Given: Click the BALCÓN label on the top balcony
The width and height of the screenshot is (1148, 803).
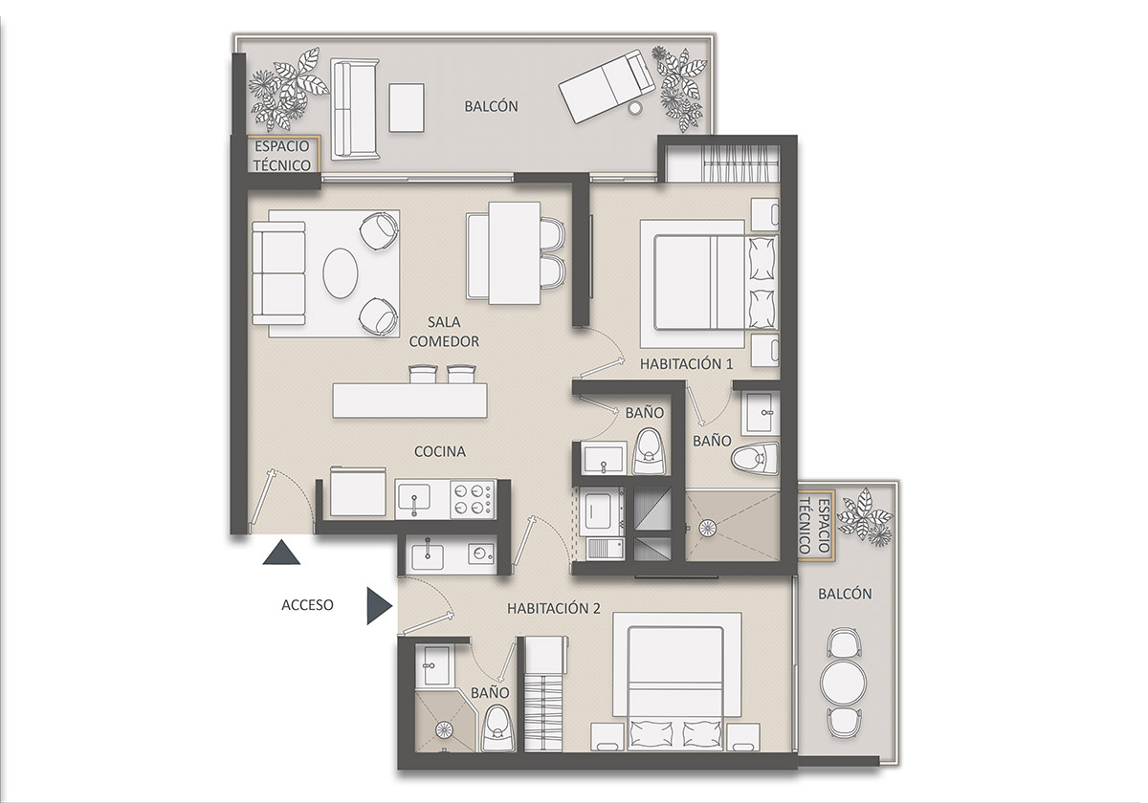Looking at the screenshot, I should (x=491, y=106).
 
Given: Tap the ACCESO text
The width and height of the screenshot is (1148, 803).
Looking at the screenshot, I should (x=307, y=604).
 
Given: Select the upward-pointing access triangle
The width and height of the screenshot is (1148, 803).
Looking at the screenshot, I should (x=282, y=553).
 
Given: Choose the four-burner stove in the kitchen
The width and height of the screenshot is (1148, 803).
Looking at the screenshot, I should (x=472, y=498).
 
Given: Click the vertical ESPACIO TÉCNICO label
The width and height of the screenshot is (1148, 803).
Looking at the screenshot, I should (x=818, y=525).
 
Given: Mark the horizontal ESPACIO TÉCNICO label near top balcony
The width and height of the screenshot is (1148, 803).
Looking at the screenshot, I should (x=281, y=155).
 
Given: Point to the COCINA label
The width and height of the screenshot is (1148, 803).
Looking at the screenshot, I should (x=439, y=451).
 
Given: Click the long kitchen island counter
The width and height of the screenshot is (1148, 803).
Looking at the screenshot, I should (x=409, y=401).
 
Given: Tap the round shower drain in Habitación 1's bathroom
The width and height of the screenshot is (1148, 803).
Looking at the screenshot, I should (x=709, y=528).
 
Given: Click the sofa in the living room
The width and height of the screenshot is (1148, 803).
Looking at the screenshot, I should (x=278, y=273).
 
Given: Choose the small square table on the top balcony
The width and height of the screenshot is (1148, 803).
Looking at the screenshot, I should (x=407, y=108).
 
